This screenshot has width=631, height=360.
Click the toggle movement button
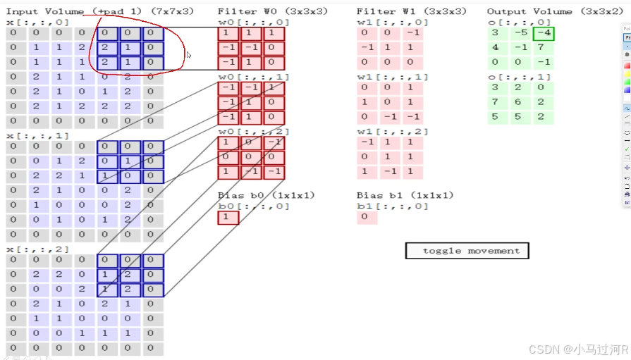pos(467,251)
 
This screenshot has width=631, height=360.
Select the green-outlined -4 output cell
pos(543,34)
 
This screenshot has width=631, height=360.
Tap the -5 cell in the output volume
pos(520,34)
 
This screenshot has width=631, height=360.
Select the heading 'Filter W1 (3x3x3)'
pos(411,12)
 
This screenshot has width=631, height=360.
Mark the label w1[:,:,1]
pos(392,77)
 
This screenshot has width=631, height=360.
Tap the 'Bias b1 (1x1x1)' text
pos(405,195)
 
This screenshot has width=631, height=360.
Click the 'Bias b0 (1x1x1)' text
pos(267,195)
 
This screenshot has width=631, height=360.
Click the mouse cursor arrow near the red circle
pos(188,54)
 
